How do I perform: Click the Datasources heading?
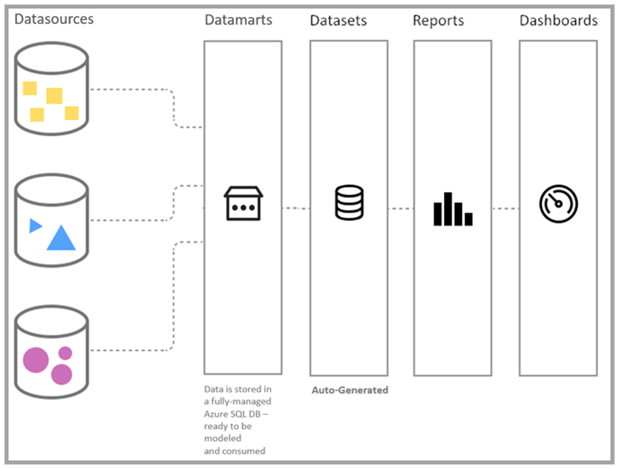pyautogui.click(x=54, y=19)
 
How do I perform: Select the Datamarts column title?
pyautogui.click(x=238, y=20)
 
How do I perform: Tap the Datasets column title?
pyautogui.click(x=338, y=21)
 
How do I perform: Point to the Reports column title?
pyautogui.click(x=438, y=21)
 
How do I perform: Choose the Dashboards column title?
pyautogui.click(x=558, y=21)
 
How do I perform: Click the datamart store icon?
pyautogui.click(x=243, y=203)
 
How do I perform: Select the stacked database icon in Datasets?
pyautogui.click(x=349, y=202)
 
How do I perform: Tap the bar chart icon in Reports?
pyautogui.click(x=452, y=209)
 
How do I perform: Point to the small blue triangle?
pyautogui.click(x=35, y=226)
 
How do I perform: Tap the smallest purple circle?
pyautogui.click(x=65, y=352)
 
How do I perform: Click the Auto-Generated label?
pyautogui.click(x=349, y=390)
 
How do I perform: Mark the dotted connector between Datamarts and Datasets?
pyautogui.click(x=296, y=209)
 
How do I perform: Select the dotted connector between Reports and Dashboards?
pyautogui.click(x=505, y=209)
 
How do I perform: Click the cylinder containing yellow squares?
pyautogui.click(x=51, y=89)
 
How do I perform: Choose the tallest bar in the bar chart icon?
pyautogui.click(x=448, y=209)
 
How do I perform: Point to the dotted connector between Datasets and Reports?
pyautogui.click(x=401, y=209)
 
